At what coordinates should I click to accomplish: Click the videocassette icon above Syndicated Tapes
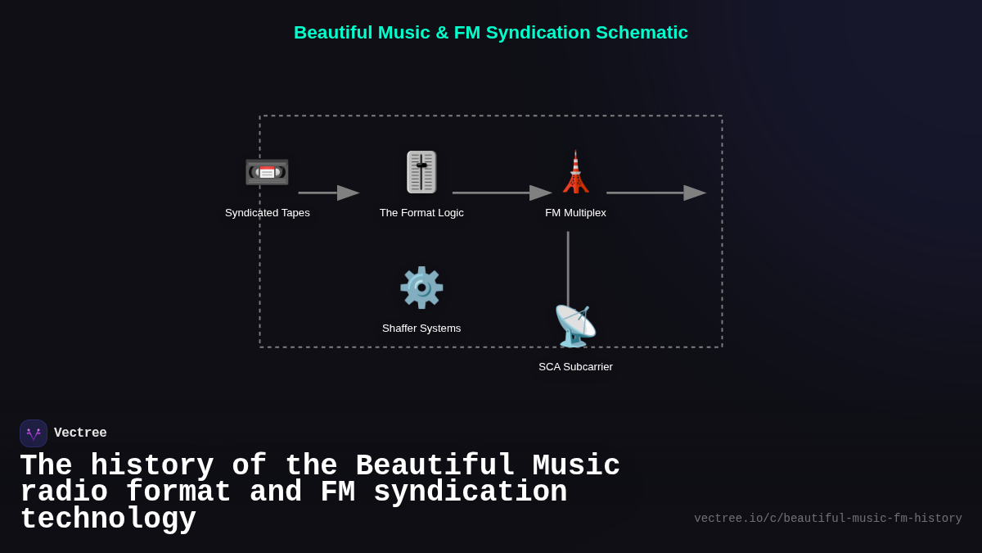[267, 172]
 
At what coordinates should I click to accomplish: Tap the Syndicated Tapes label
[268, 213]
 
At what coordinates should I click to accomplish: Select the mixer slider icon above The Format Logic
[421, 172]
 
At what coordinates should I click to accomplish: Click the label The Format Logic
[421, 213]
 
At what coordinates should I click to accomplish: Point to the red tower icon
[575, 172]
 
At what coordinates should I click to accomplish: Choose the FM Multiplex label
[575, 213]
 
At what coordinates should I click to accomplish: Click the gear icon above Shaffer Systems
[421, 288]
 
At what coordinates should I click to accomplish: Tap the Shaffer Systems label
[421, 329]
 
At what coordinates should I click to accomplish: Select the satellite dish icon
[574, 325]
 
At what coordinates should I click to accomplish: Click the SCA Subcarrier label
[575, 367]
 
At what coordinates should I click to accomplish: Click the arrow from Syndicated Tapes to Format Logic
[328, 193]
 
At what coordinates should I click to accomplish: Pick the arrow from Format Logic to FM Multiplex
[501, 193]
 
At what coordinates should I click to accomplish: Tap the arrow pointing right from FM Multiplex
[655, 193]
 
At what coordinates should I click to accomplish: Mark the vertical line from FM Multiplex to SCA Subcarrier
[568, 266]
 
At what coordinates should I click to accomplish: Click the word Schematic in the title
[642, 33]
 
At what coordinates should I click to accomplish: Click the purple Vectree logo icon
[34, 433]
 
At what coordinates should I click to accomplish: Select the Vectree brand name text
[80, 433]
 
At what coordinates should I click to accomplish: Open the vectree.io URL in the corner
[827, 519]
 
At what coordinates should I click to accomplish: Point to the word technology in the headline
[108, 519]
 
